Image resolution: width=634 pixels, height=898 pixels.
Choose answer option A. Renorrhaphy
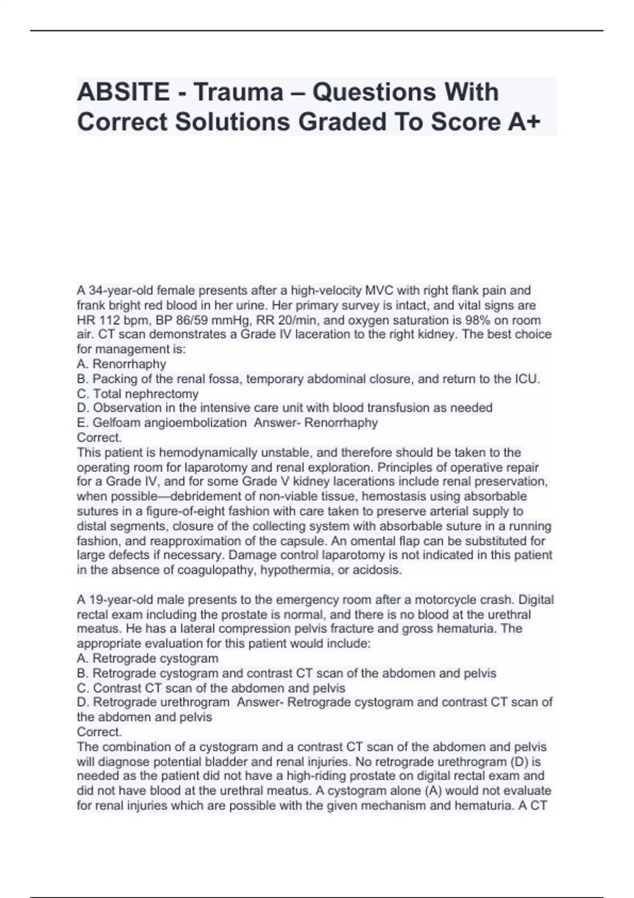coord(122,364)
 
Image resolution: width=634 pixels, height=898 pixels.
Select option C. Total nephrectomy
coord(138,394)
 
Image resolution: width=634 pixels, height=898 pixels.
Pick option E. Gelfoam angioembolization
coord(162,423)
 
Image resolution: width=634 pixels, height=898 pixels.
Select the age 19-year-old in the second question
coord(115,600)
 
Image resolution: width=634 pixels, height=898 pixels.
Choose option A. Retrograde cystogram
coord(147,659)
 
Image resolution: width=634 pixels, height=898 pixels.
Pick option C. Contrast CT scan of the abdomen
coord(211,688)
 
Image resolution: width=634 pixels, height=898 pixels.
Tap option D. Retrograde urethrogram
coord(153,703)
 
